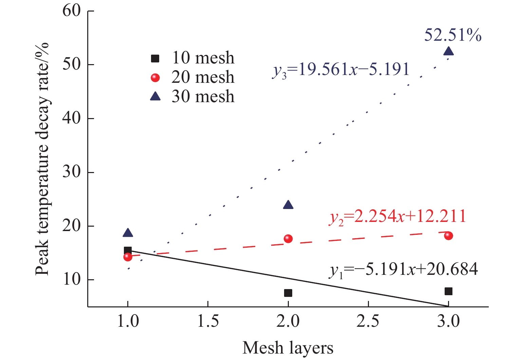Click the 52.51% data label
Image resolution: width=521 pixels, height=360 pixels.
[453, 35]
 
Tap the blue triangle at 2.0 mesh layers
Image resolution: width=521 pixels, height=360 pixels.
[288, 205]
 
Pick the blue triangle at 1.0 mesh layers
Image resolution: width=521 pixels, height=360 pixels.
[128, 233]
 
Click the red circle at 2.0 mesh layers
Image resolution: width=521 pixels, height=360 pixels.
[288, 239]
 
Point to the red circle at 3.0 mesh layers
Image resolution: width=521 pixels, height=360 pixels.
[448, 236]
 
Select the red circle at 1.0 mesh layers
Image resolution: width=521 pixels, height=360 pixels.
[128, 257]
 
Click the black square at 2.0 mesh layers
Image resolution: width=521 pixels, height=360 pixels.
[288, 293]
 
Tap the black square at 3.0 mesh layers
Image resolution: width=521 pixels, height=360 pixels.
[448, 291]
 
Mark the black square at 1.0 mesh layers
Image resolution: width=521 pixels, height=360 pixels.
[128, 250]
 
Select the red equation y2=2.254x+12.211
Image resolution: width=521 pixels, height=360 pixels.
[397, 216]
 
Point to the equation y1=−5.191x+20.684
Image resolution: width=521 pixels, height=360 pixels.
[403, 270]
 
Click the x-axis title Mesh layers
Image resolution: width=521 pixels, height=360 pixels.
[288, 348]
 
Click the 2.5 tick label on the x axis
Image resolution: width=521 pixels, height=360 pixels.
[368, 321]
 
